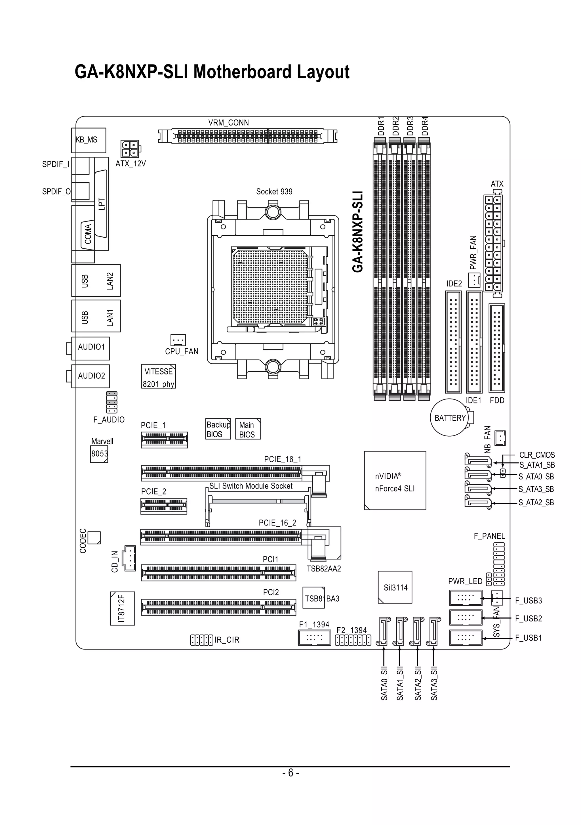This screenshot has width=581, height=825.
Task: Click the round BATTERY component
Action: [450, 418]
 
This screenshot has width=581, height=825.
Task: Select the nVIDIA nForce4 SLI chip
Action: [395, 480]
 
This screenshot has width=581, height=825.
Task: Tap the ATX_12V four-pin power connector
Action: [130, 149]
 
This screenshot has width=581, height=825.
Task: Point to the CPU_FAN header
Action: [178, 340]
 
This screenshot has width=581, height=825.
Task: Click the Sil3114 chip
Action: [395, 587]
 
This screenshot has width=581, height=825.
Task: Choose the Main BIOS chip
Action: [248, 429]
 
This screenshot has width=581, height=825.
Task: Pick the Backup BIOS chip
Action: [218, 429]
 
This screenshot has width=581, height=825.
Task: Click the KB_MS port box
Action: [89, 140]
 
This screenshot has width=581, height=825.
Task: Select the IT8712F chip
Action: [123, 609]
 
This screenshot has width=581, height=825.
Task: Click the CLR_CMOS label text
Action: [537, 455]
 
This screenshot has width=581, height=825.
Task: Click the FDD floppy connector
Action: [497, 348]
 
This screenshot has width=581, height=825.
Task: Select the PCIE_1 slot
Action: [164, 440]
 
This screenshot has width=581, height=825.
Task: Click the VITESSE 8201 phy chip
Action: [158, 376]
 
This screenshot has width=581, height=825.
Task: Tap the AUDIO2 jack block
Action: [90, 376]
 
